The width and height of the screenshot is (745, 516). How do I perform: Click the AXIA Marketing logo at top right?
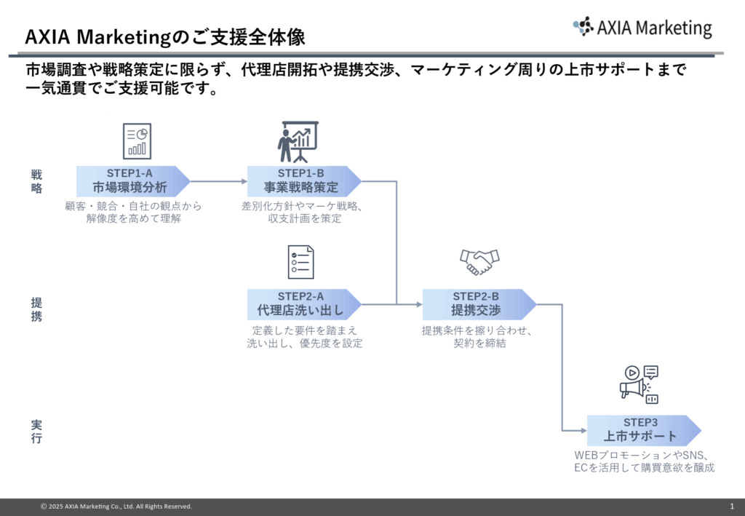click(x=642, y=28)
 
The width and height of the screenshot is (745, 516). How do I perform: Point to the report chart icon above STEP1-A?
click(x=137, y=140)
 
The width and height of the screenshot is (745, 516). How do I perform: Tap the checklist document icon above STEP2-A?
click(x=300, y=262)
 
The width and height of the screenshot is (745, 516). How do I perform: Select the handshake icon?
click(x=479, y=262)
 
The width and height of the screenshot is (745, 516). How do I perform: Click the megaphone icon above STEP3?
click(x=639, y=384)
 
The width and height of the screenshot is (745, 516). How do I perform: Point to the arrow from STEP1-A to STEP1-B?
click(x=218, y=180)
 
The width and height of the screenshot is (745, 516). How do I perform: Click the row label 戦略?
click(x=36, y=180)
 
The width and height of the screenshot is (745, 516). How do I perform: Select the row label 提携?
click(x=36, y=309)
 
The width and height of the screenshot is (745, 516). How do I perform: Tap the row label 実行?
click(x=36, y=431)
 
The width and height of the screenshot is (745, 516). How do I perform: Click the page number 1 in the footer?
click(x=731, y=506)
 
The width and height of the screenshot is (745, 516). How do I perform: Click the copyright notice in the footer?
click(x=116, y=506)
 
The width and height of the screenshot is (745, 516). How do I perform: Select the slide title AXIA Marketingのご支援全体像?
click(x=164, y=36)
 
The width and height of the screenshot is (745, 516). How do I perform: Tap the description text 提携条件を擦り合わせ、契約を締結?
click(x=479, y=337)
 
